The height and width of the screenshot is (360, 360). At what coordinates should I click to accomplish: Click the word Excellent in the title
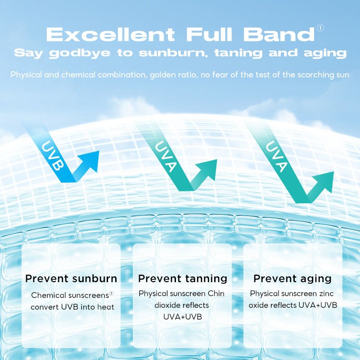[110, 35]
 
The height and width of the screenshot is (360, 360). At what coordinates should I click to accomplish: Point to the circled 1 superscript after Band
[320, 28]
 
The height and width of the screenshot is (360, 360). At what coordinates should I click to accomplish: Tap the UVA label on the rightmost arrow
[276, 157]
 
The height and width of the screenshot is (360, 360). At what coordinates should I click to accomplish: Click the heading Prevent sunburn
[71, 279]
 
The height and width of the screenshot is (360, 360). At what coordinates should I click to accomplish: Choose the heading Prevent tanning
[182, 279]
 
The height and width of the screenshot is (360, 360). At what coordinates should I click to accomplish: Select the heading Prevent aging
[292, 279]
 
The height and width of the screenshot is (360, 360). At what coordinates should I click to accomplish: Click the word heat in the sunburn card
[106, 307]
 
